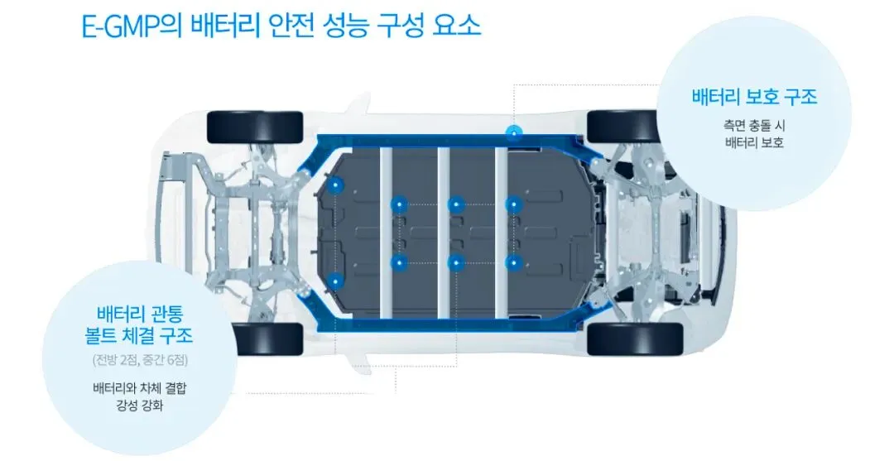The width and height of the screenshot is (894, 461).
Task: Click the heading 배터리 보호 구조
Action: (754, 97)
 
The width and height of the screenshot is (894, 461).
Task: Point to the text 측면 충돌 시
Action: (753, 126)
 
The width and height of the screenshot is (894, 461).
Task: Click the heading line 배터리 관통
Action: (144, 315)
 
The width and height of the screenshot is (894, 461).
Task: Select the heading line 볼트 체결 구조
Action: (144, 337)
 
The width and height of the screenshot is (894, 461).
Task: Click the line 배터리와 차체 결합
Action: (140, 387)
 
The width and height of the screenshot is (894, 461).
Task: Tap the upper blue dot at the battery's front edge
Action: (334, 185)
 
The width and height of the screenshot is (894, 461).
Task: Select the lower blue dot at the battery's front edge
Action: (334, 281)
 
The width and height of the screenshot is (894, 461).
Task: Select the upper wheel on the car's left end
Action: (254, 126)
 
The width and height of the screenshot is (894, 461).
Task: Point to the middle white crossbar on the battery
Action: (444, 232)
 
